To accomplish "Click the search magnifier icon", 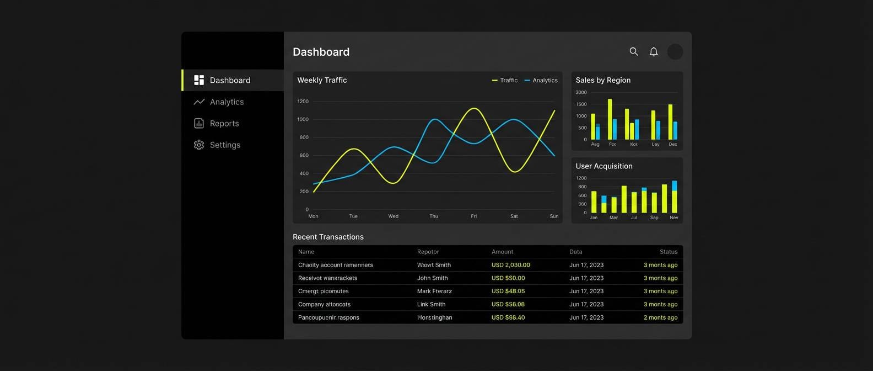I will pos(634,51).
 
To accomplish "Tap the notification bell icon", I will pos(654,51).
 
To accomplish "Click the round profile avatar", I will pos(675,51).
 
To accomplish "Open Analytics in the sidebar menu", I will pos(227,102).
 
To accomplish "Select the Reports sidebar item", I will pos(224,123).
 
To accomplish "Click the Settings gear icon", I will pos(199,145).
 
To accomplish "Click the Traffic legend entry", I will pos(505,80).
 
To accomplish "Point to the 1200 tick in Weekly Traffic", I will pos(303,101).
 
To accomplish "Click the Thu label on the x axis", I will pos(434,216).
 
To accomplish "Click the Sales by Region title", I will pos(603,80).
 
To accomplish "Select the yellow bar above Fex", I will pos(610,119).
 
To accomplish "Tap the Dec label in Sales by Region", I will pos(673,144).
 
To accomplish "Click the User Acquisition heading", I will pos(604,166).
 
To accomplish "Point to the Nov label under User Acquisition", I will pos(673,218).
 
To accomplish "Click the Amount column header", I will pos(502,252).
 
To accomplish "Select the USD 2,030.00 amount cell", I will pos(510,265).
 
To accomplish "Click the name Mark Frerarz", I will pos(434,291).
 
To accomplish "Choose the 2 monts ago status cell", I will pos(660,317).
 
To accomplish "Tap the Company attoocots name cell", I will pos(324,304).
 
